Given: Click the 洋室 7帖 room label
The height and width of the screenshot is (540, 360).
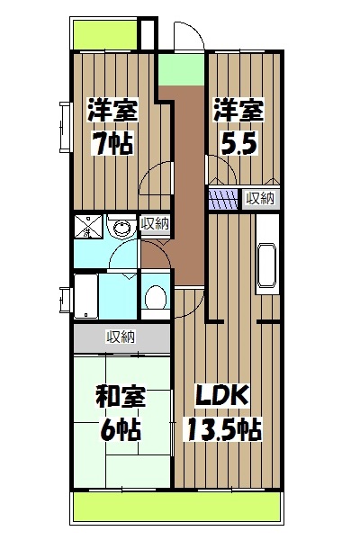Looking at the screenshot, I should pyautogui.click(x=112, y=128).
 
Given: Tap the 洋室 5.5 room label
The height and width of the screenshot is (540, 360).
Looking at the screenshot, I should pyautogui.click(x=238, y=128).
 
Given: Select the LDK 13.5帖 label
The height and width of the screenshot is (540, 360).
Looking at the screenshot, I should pyautogui.click(x=224, y=412).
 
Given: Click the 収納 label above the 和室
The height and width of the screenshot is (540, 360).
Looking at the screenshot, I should pyautogui.click(x=121, y=337).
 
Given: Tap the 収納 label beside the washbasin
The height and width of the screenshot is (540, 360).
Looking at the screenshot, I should pyautogui.click(x=153, y=224).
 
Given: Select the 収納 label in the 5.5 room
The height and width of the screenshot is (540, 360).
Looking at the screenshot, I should pyautogui.click(x=260, y=198).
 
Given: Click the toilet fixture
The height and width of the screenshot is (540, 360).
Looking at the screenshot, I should pyautogui.click(x=155, y=296).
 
